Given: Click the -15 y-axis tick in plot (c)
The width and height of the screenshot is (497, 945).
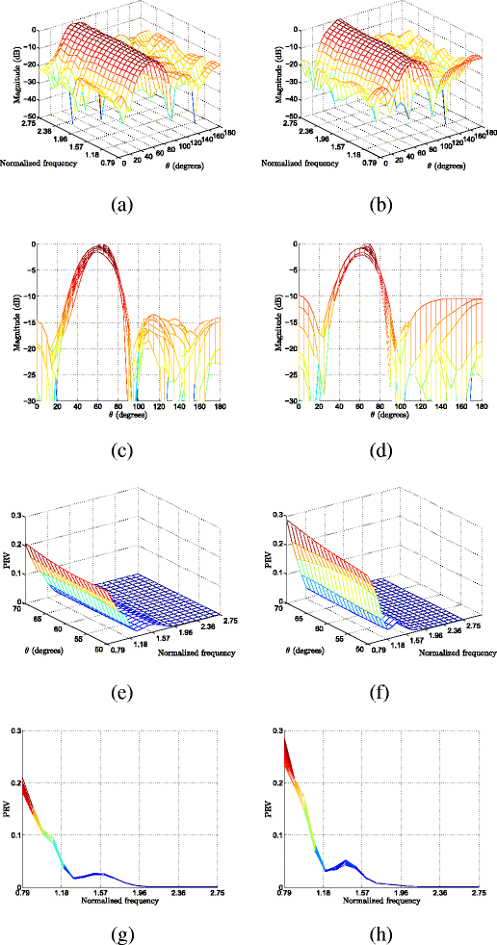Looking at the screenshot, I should (x=26, y=323).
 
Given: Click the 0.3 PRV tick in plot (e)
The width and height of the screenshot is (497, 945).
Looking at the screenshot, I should (x=25, y=516).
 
